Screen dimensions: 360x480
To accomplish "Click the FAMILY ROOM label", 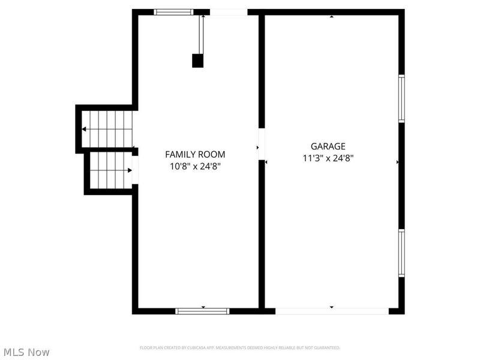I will [195, 154].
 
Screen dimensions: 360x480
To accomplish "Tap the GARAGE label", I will [328, 146].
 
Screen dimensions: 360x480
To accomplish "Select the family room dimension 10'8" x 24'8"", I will [195, 166].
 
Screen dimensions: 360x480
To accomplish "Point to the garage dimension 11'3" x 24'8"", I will [328, 158].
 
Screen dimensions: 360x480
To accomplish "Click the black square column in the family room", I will [197, 61].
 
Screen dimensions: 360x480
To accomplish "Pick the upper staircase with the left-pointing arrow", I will [107, 129].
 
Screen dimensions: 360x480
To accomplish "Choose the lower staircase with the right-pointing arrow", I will [111, 170].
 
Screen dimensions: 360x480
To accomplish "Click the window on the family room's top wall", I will [173, 12].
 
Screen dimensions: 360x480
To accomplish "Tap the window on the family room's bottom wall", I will [202, 311].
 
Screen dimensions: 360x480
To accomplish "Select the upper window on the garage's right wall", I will [401, 99].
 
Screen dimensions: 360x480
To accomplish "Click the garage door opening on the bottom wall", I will [332, 311].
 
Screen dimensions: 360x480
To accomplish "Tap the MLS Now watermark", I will [26, 352].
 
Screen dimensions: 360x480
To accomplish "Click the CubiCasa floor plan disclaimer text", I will [240, 347].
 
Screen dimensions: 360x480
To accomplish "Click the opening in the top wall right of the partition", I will [228, 12].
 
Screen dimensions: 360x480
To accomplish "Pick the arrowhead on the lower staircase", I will [129, 170].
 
